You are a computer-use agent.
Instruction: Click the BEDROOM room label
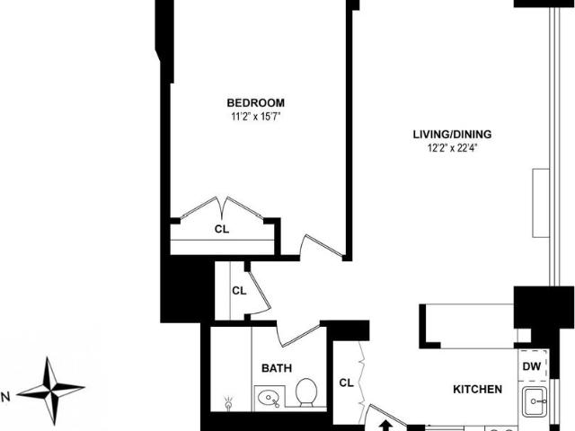[x=255, y=102]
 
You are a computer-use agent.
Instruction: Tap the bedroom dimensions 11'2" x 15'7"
[x=255, y=117]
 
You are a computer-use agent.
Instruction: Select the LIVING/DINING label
[x=452, y=134]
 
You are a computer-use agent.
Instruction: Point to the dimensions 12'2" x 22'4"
[x=452, y=148]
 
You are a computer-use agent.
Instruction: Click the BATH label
[x=277, y=368]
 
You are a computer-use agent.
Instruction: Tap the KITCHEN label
[x=477, y=389]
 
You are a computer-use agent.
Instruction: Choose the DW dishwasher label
[x=532, y=366]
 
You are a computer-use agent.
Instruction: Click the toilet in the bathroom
[x=306, y=392]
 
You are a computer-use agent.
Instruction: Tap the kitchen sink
[x=535, y=401]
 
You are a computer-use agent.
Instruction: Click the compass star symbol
[x=50, y=391]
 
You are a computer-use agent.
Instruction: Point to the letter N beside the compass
[x=5, y=397]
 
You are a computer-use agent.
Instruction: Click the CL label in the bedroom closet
[x=222, y=229]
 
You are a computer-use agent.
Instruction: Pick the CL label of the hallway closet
[x=239, y=291]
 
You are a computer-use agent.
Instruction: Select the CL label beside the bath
[x=346, y=383]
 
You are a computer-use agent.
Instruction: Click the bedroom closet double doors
[x=222, y=208]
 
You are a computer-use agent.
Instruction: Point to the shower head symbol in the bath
[x=229, y=403]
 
